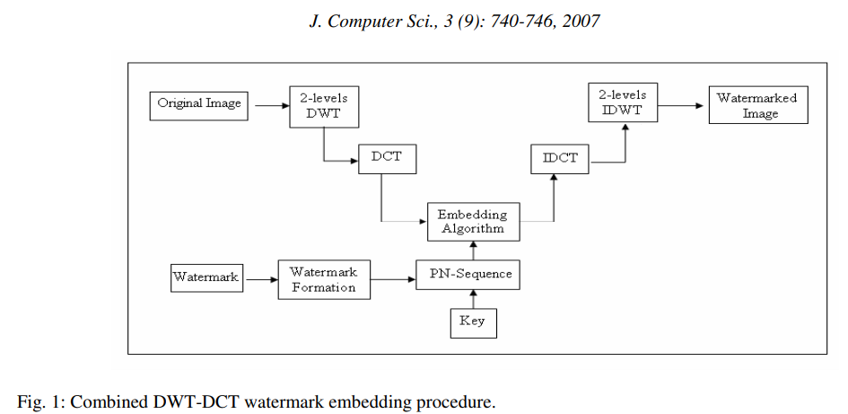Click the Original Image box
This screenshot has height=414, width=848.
click(x=199, y=104)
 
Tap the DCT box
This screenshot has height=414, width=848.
click(x=386, y=158)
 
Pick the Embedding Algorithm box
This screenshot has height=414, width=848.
click(x=472, y=221)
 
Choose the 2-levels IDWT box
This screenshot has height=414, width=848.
click(x=624, y=102)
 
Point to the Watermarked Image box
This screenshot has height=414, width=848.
click(x=758, y=105)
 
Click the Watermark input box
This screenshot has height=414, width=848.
click(x=206, y=278)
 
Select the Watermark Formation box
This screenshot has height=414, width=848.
click(x=323, y=279)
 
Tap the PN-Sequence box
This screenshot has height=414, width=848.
click(x=468, y=275)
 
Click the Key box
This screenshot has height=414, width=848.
click(x=472, y=322)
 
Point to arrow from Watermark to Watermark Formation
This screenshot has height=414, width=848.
click(x=259, y=279)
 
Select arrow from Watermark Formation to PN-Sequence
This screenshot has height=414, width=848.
click(x=391, y=279)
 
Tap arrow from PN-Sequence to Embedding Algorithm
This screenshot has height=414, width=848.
click(x=473, y=251)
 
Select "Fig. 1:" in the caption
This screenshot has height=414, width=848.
click(x=40, y=401)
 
